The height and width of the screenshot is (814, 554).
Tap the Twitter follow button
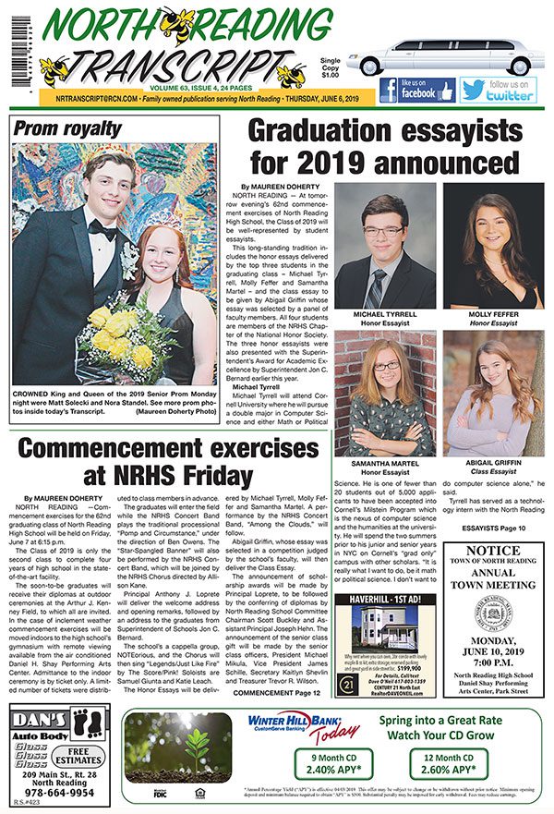coord(499,90)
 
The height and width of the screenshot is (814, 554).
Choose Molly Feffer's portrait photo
coord(493,247)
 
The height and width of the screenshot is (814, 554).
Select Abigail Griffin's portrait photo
coord(493,407)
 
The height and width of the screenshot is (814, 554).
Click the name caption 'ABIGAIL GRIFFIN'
coord(493,461)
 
